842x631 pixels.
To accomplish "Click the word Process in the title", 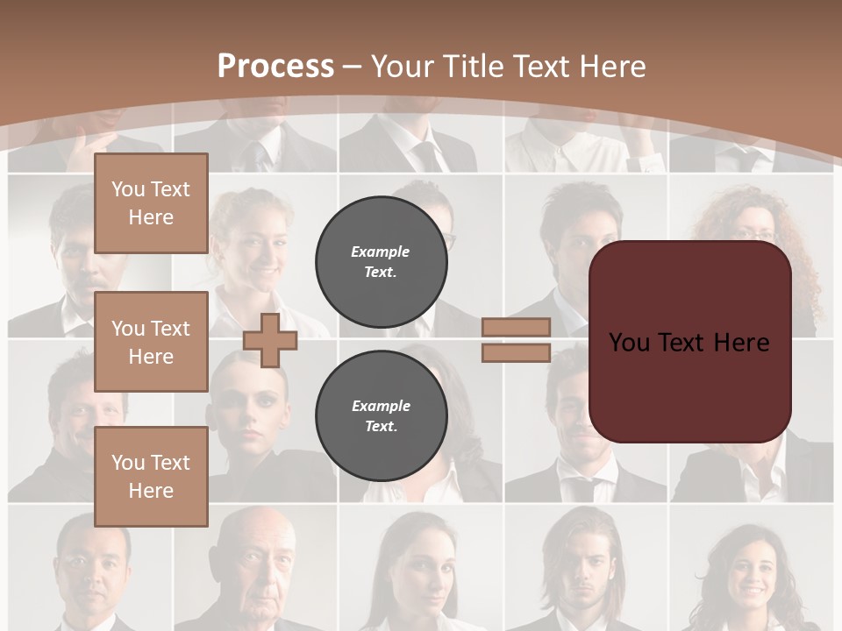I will [275, 67].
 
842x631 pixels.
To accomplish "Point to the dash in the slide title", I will [353, 67].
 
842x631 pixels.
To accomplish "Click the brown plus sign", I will [270, 340].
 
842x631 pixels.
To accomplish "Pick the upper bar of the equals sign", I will [516, 327].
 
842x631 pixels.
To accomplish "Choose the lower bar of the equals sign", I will [516, 352].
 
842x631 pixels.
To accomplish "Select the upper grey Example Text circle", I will [381, 261].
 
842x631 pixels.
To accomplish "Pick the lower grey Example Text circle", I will [381, 415].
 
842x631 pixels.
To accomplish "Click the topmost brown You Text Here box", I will [151, 203].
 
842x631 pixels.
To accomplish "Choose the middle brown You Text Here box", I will [151, 342].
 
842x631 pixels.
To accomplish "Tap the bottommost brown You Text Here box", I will [151, 477].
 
